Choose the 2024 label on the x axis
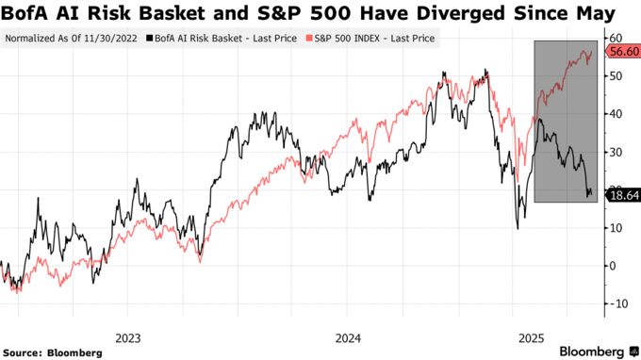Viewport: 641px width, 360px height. tap(348, 336)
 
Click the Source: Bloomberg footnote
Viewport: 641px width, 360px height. tap(53, 352)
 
